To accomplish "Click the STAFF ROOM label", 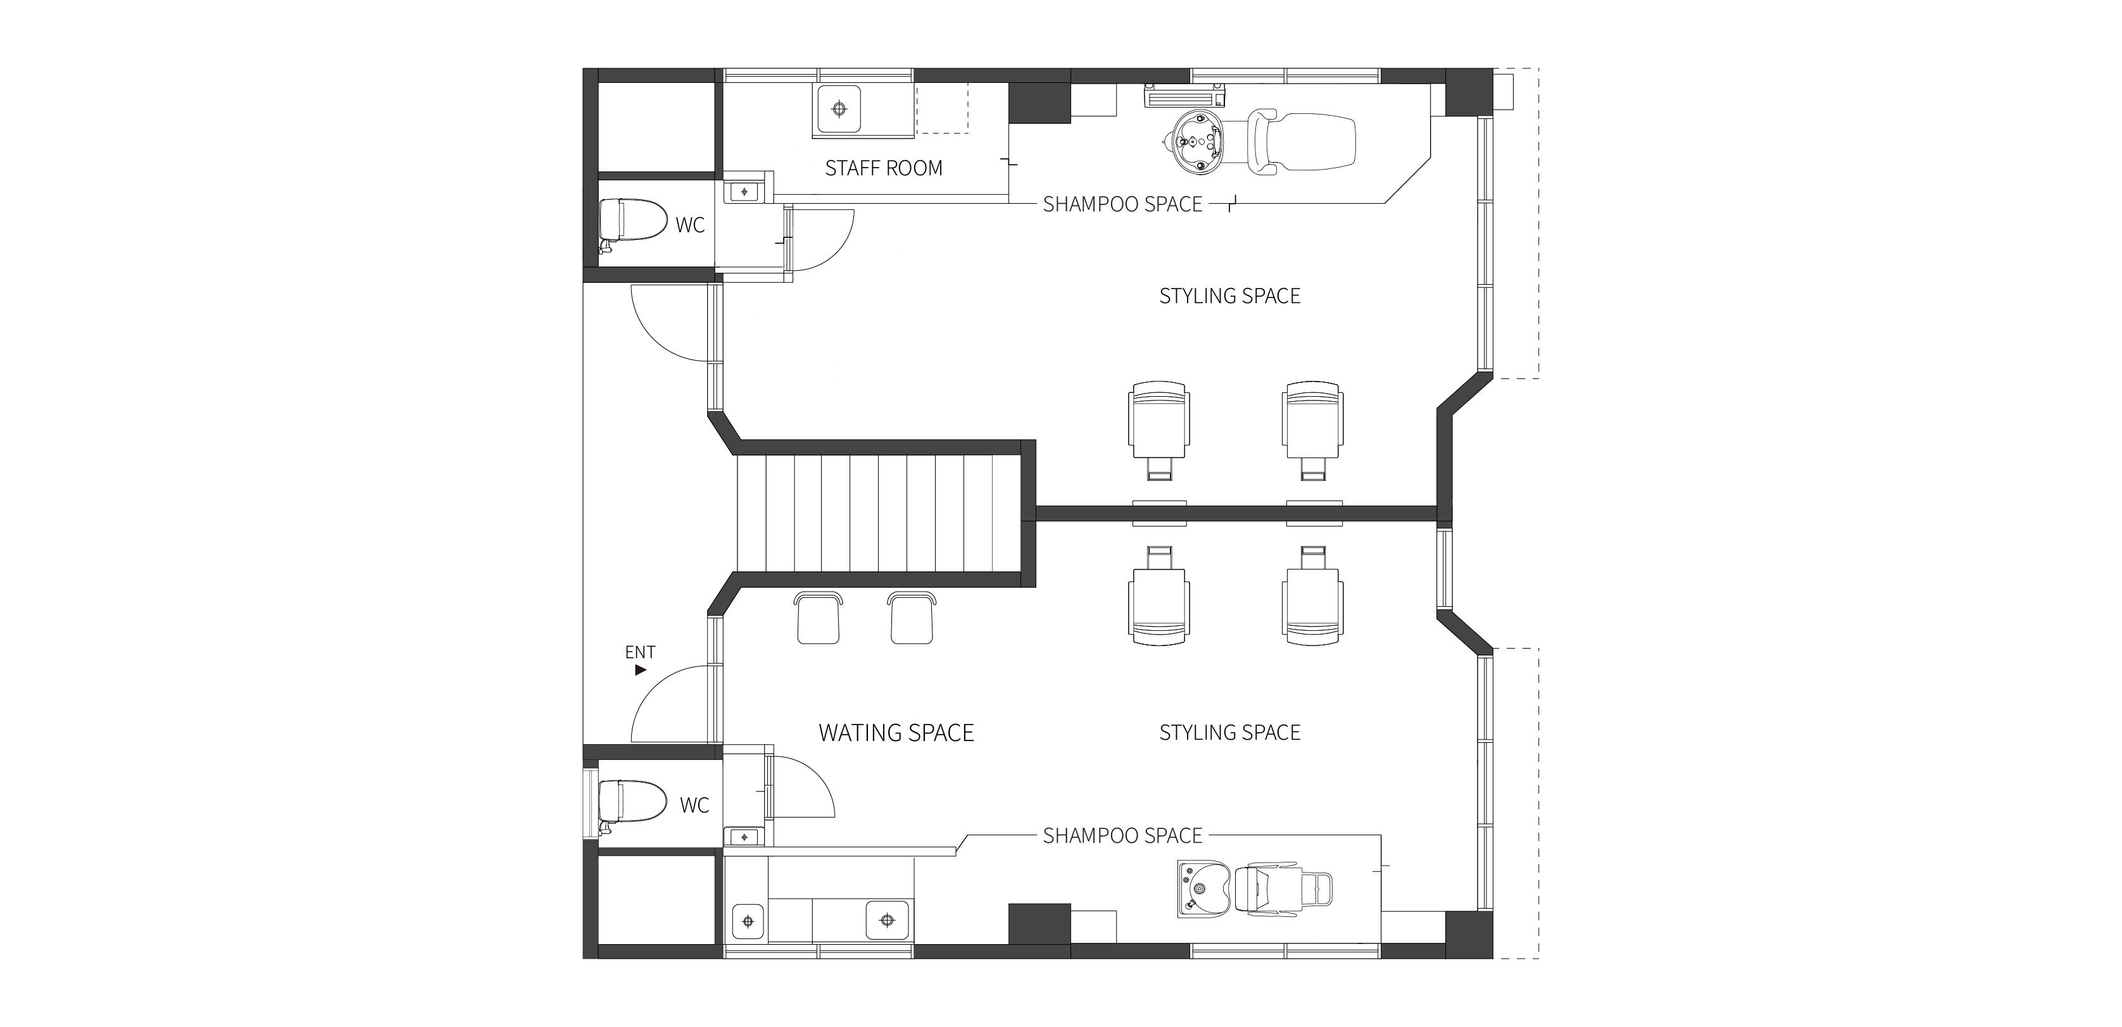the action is pos(883,168).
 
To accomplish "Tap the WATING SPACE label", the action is pos(896,733).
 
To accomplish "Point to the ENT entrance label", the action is pos(640,652).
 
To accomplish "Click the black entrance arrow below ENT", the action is pos(641,670).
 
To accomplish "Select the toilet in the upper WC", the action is pos(632,222).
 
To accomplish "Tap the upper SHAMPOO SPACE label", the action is pos(1123,204).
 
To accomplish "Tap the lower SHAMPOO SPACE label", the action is pos(1123,836).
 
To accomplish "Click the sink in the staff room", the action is pos(839,109).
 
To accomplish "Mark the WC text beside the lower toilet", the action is pos(694,806).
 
